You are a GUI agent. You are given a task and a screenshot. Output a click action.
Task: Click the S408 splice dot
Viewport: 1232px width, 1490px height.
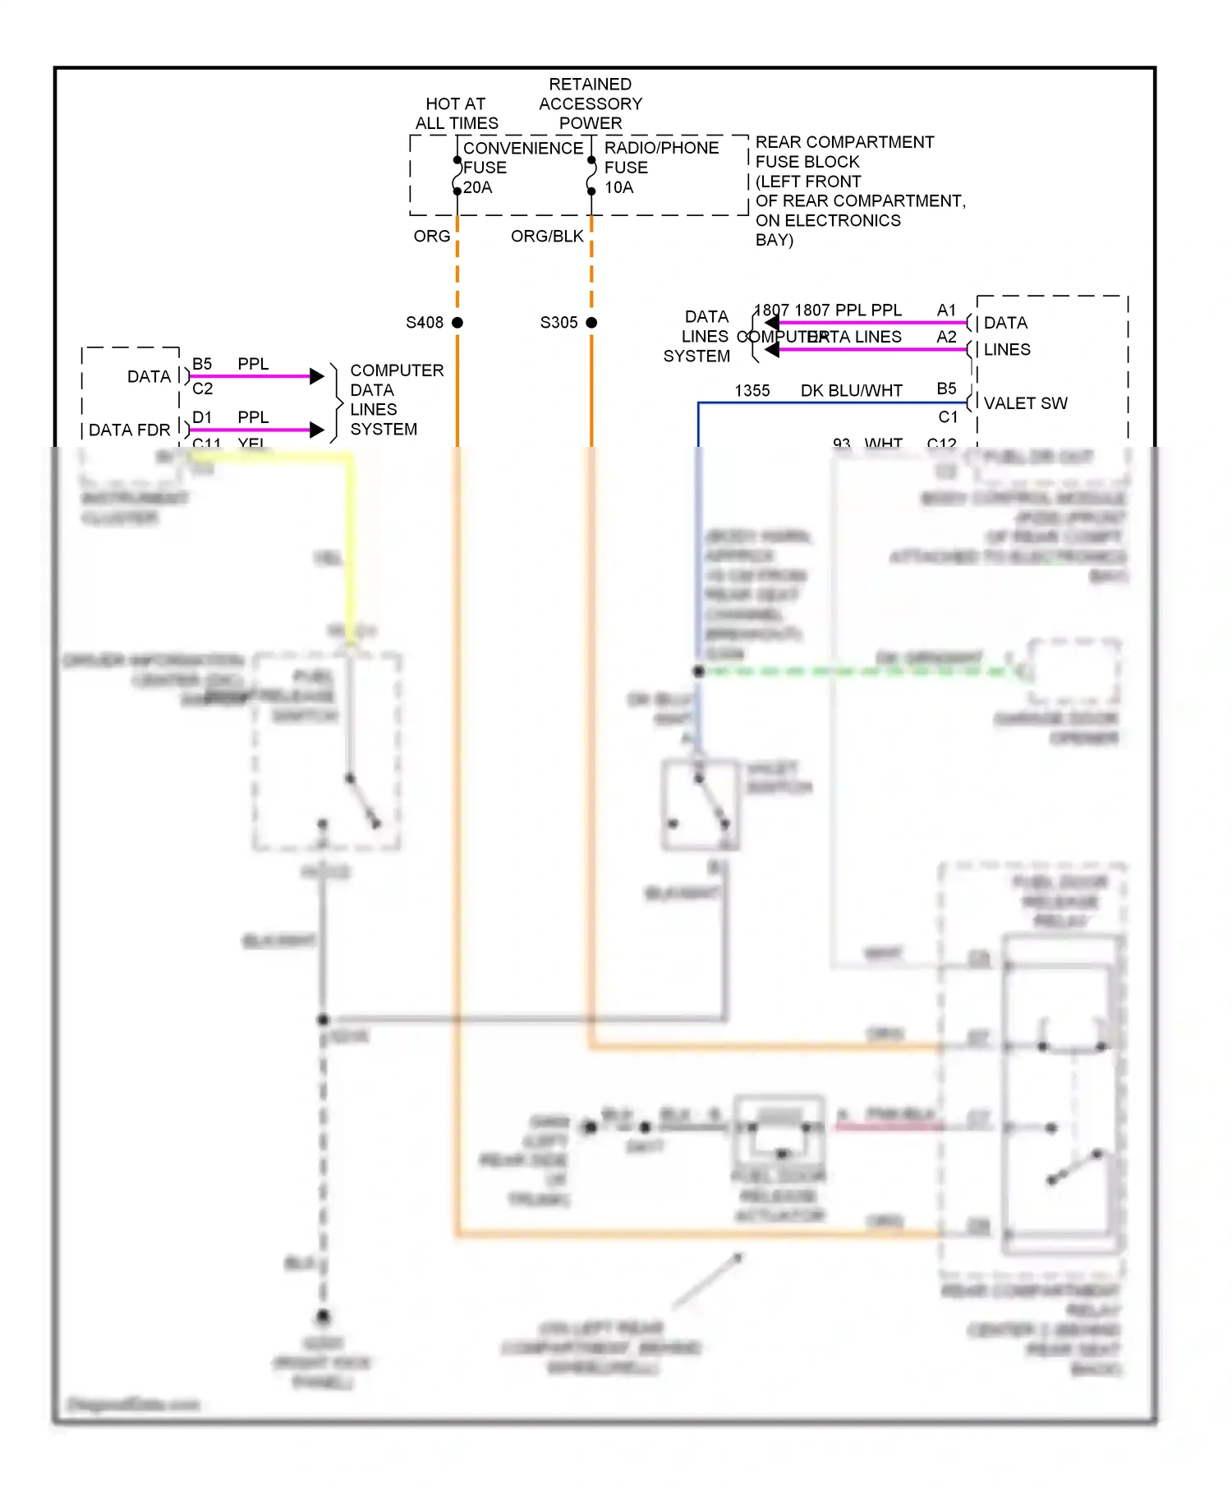pyautogui.click(x=457, y=323)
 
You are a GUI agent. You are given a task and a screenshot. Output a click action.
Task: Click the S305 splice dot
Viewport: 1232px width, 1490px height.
pyautogui.click(x=591, y=323)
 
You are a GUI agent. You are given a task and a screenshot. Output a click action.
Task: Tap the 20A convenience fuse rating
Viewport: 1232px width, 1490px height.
pyautogui.click(x=478, y=188)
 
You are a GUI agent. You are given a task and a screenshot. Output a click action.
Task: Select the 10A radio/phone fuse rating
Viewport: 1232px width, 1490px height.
pyautogui.click(x=619, y=188)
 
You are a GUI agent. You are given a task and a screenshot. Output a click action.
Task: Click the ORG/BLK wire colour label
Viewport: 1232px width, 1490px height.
pyautogui.click(x=547, y=237)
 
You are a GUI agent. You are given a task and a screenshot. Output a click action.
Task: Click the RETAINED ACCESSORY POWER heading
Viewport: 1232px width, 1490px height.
pyautogui.click(x=591, y=104)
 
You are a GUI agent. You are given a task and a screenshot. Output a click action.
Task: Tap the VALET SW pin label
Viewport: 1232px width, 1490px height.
pyautogui.click(x=1025, y=403)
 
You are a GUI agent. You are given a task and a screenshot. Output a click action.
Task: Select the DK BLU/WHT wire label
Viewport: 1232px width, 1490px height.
pyautogui.click(x=851, y=391)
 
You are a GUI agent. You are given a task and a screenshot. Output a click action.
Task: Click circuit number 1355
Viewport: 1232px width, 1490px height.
pyautogui.click(x=752, y=391)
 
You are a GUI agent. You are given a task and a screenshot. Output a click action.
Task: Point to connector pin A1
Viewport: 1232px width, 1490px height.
pyautogui.click(x=946, y=310)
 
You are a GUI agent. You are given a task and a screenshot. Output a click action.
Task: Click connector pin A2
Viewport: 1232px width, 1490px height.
pyautogui.click(x=946, y=337)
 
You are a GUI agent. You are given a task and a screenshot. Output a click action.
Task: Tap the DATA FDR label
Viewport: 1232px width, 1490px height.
pyautogui.click(x=130, y=430)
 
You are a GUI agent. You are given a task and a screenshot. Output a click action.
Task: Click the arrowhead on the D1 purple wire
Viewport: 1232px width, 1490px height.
pyautogui.click(x=317, y=430)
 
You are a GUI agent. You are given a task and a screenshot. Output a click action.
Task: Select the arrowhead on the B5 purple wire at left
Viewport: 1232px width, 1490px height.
pyautogui.click(x=317, y=376)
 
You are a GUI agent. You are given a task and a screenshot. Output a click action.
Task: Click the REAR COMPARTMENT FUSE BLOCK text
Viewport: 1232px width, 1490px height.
pyautogui.click(x=844, y=152)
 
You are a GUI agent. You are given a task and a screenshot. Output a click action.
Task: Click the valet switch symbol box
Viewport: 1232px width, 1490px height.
pyautogui.click(x=700, y=805)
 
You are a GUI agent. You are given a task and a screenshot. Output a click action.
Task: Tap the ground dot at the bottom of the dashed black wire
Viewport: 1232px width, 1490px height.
pyautogui.click(x=324, y=1317)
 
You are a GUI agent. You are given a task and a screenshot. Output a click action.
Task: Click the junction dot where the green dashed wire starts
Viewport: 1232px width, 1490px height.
pyautogui.click(x=699, y=671)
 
